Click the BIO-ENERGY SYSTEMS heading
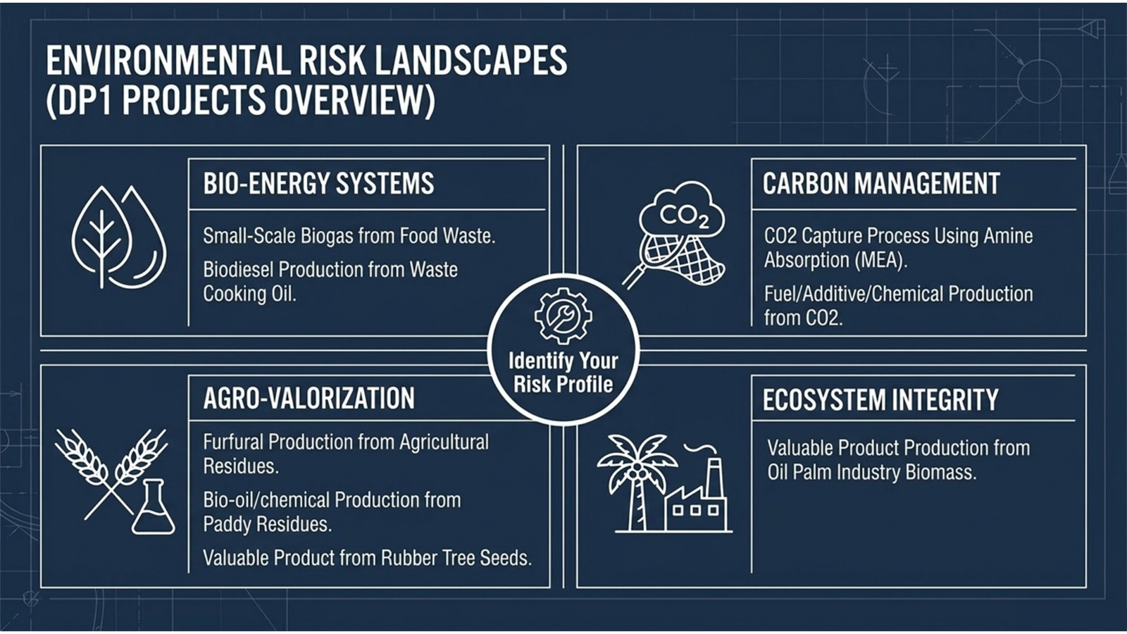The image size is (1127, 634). click(318, 184)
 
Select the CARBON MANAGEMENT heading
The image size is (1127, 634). click(881, 184)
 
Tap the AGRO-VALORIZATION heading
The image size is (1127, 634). click(309, 399)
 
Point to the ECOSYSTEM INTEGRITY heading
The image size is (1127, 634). click(880, 399)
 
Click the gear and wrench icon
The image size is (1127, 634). click(563, 316)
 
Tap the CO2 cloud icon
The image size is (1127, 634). click(682, 211)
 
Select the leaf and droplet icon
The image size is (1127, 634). click(119, 237)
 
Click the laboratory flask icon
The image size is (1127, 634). click(154, 507)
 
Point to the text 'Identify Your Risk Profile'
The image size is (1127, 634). click(563, 373)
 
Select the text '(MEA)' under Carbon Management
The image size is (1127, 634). click(880, 260)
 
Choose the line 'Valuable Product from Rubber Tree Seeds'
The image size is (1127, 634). click(367, 558)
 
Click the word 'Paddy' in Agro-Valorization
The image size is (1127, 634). click(227, 525)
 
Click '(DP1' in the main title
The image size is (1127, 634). click(80, 101)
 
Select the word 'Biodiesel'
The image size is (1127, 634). click(238, 270)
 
